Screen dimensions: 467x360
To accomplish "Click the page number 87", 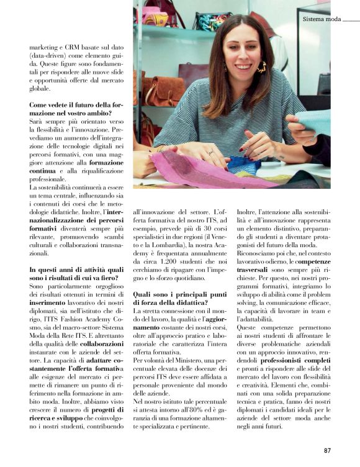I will (328, 450).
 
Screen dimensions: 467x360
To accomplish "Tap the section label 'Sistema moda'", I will (322, 19).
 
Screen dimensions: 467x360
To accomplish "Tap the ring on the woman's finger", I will (210, 152).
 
